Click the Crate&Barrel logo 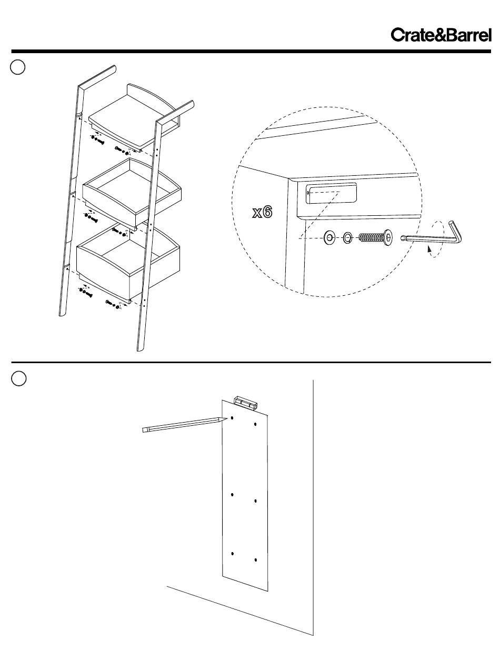click(x=441, y=35)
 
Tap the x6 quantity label click(x=262, y=213)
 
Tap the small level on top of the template click(x=246, y=401)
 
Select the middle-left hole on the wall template click(x=232, y=495)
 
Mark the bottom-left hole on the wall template click(x=232, y=554)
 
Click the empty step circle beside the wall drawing click(x=18, y=378)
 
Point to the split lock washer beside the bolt click(x=348, y=238)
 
